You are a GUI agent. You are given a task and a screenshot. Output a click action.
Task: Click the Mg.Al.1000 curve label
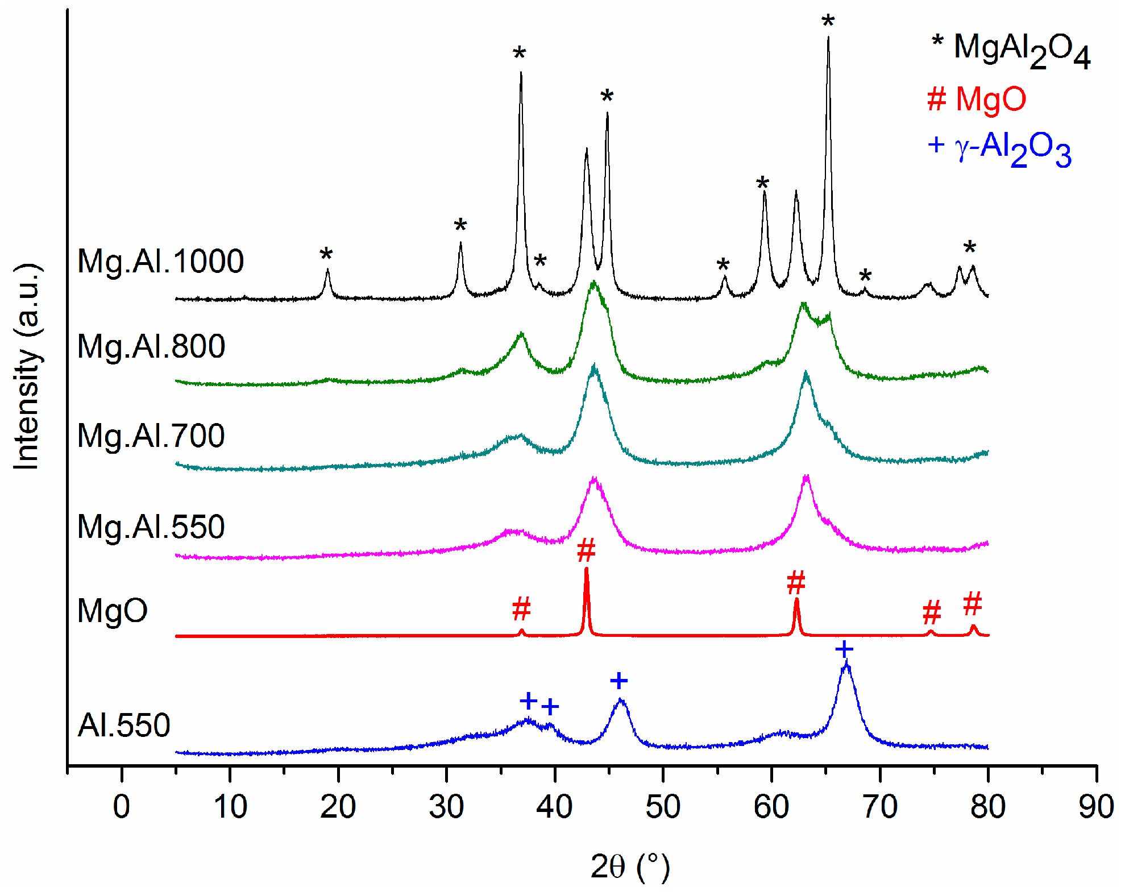(160, 262)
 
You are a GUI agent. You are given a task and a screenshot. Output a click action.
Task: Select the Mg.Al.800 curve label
(151, 346)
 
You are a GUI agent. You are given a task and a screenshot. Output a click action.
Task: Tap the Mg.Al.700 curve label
(151, 436)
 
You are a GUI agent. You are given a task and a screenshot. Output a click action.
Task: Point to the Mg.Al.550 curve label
(151, 527)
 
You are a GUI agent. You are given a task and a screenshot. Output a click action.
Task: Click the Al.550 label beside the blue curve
(124, 726)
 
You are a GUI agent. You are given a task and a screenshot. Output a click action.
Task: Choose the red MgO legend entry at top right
(977, 100)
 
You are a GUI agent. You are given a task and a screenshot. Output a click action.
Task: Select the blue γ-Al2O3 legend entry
(999, 149)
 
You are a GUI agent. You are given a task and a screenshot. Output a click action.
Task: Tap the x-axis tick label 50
(663, 807)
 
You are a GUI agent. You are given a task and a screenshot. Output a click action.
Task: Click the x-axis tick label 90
(1096, 807)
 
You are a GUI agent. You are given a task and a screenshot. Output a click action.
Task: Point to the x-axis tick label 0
(122, 807)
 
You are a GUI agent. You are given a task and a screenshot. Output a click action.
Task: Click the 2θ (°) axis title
(630, 867)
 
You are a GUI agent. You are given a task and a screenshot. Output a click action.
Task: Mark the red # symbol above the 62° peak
(796, 583)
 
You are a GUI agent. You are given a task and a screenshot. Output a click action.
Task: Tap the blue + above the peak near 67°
(844, 649)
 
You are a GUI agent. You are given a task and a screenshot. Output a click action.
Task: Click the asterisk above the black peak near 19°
(326, 255)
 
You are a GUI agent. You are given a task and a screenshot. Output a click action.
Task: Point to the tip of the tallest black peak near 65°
(828, 39)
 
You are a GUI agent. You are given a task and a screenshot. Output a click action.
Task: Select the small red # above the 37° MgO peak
(521, 609)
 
